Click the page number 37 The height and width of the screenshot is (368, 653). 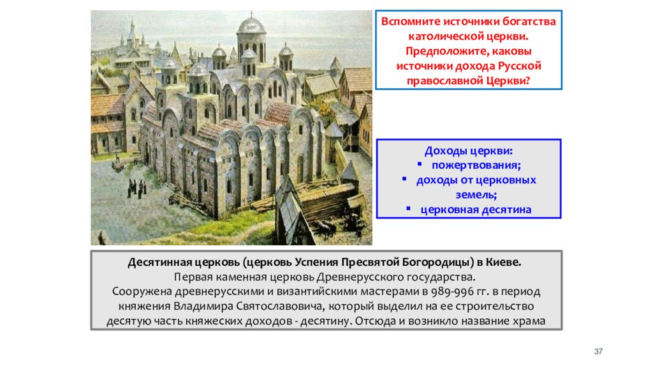[598, 351]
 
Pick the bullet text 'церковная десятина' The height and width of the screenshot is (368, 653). [476, 209]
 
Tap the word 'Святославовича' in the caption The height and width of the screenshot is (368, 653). [277, 306]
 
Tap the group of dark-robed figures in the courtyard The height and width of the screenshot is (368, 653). [138, 187]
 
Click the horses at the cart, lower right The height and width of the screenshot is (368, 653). [326, 227]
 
